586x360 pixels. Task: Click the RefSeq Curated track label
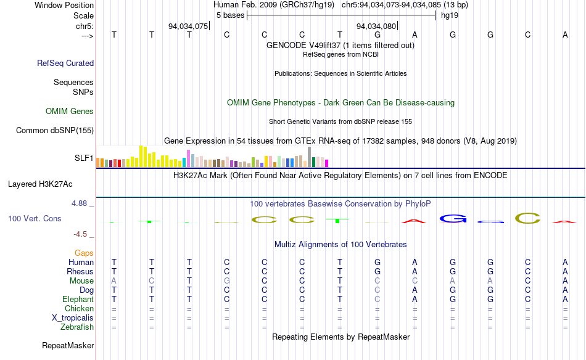point(65,63)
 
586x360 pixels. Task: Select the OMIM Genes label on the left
point(70,112)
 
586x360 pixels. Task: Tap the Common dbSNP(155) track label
point(55,130)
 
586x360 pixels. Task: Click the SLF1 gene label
point(84,158)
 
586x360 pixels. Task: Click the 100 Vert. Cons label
point(35,218)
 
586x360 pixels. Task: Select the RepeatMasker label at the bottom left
point(68,346)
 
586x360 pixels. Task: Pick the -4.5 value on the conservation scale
point(81,234)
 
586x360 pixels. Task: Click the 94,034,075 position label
point(188,27)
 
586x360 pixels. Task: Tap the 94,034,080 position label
point(376,27)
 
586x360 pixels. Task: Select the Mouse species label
point(82,281)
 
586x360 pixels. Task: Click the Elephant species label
point(78,300)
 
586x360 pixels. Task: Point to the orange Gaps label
point(84,253)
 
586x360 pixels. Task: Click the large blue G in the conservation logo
point(453,218)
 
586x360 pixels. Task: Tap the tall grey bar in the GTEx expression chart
point(309,157)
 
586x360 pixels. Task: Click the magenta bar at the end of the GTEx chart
point(326,163)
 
